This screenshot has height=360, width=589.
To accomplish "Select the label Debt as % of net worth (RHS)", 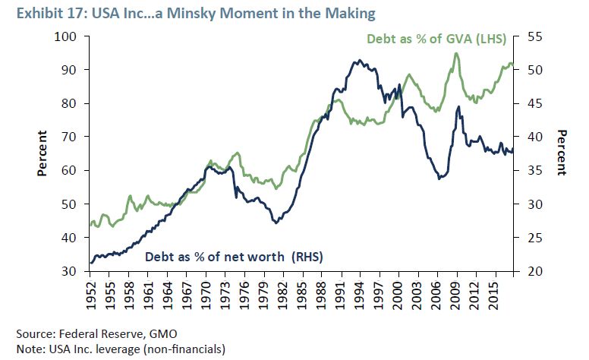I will click(x=234, y=257).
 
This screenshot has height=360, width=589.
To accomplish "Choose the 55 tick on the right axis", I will click(x=531, y=36).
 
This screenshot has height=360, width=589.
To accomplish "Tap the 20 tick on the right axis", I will click(x=531, y=271).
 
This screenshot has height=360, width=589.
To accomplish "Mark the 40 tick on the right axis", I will click(x=531, y=137).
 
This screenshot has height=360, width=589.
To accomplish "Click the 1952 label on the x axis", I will click(x=91, y=292).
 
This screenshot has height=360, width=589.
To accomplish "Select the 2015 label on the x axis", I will click(x=493, y=292).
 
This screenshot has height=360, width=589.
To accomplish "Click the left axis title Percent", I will click(x=43, y=154).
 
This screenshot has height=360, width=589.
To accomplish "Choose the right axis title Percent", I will click(x=562, y=154).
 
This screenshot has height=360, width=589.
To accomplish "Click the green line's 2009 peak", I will click(x=456, y=53).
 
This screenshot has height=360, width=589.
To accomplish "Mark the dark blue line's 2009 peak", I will click(x=458, y=107).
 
